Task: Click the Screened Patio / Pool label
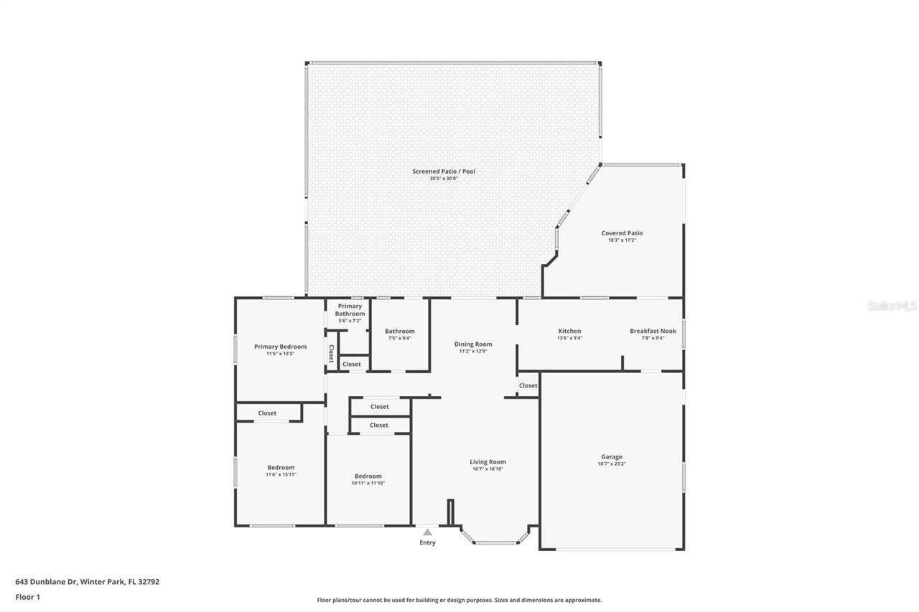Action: point(443,172)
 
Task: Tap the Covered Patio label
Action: point(622,234)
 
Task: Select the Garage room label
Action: point(612,457)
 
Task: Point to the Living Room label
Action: point(488,463)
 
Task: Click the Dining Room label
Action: point(473,345)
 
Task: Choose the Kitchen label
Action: point(569,331)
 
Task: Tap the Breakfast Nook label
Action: point(653,331)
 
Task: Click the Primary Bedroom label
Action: point(280,347)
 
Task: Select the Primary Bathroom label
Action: point(350,310)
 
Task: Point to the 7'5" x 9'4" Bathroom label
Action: point(399,332)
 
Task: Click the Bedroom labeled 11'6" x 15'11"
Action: point(281,469)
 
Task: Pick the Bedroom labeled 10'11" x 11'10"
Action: point(368,477)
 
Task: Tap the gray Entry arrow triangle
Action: point(427,532)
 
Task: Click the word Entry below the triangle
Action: point(427,543)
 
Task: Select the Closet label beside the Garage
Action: point(528,386)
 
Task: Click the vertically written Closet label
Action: point(331,354)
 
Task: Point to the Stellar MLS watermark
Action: point(892,306)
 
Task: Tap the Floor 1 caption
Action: point(27,597)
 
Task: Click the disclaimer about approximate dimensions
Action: point(459,600)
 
